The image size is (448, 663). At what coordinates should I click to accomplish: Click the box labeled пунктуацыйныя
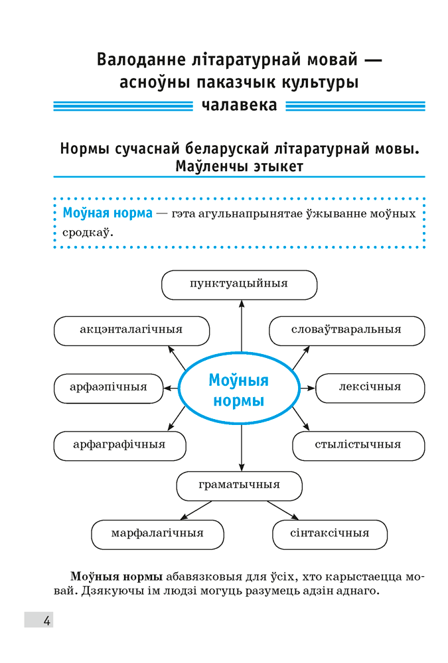pos(239,284)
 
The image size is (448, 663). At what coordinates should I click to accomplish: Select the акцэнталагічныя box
pos(131,330)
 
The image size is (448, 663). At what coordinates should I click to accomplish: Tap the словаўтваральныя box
pos(346,330)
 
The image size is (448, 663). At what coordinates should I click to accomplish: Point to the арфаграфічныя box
pos(119,445)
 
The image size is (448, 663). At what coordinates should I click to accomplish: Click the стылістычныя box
pos(358,445)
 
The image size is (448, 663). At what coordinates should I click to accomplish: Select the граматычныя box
pos(239,485)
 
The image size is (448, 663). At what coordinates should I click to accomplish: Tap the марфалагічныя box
pos(157,533)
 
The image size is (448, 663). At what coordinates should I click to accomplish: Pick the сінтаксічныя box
pos(329,533)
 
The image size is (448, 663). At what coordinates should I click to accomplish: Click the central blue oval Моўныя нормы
pos(238,392)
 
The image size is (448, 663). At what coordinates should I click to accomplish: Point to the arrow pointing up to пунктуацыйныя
pos(242,325)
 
